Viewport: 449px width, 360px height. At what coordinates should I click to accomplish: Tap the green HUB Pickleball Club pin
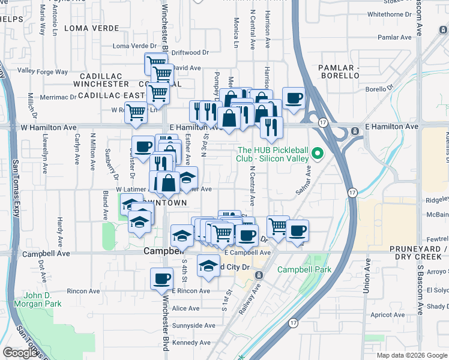319,155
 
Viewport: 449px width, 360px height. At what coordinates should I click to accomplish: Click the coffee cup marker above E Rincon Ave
161,280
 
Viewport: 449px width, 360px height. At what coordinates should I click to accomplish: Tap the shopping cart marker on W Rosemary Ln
136,112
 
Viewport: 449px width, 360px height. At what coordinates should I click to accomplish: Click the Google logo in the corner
20,353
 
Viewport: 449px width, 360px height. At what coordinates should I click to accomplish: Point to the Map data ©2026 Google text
411,355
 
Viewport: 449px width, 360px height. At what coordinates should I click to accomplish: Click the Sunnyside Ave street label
193,326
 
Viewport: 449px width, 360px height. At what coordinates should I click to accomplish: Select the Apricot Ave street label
388,314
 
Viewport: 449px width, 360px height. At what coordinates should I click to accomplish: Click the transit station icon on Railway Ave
258,275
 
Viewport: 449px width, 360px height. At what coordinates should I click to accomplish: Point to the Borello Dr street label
379,89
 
